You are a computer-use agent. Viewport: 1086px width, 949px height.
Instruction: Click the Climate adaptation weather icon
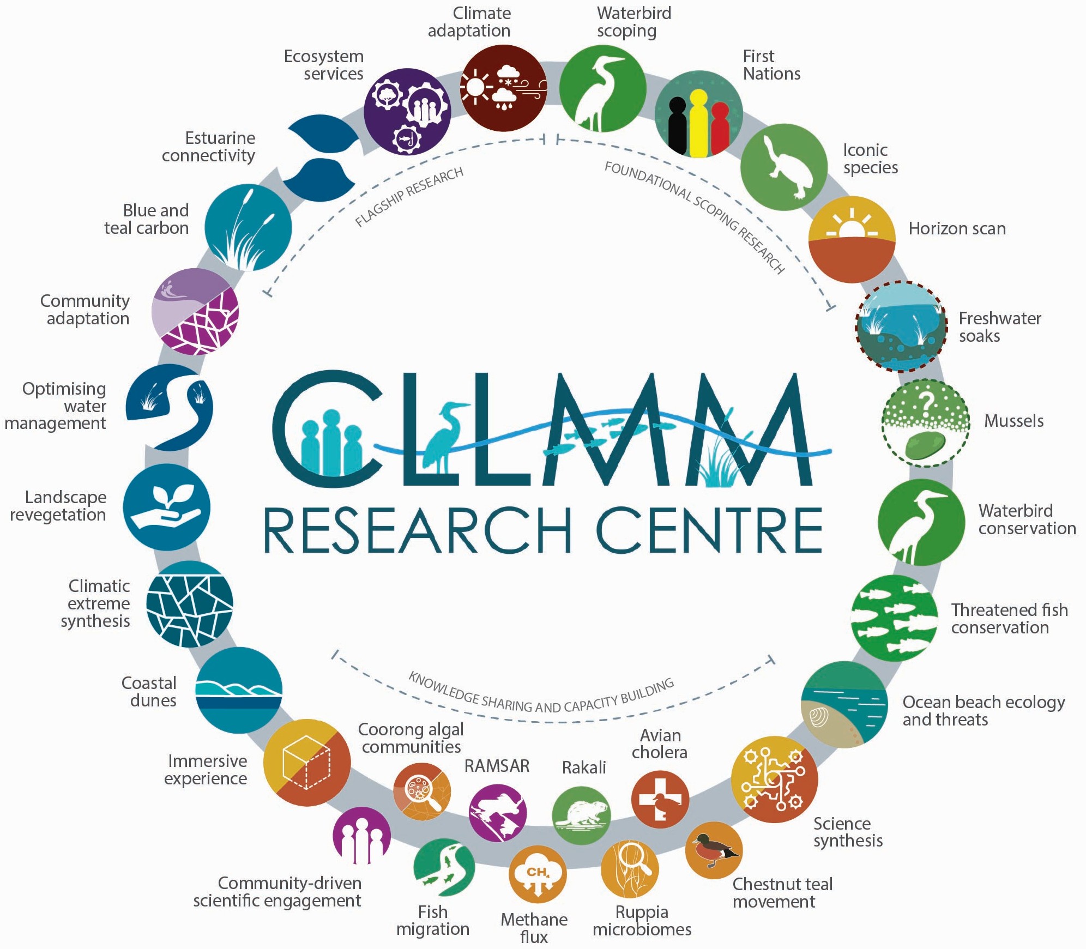(x=503, y=88)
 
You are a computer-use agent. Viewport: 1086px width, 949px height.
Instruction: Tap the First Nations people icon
(x=698, y=114)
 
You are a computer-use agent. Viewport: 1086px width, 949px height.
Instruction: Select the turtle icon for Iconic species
(x=784, y=166)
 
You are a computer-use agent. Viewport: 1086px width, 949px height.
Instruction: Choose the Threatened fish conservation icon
(x=894, y=618)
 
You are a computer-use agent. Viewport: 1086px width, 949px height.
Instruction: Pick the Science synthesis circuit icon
(x=774, y=779)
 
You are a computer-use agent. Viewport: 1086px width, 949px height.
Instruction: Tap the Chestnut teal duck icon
(x=714, y=850)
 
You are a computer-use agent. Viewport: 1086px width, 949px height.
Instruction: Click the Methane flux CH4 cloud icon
(x=538, y=874)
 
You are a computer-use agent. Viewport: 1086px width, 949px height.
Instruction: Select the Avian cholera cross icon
(x=660, y=799)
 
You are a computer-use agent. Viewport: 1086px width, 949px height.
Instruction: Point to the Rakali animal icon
(x=581, y=815)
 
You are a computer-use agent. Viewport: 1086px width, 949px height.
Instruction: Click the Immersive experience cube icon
(x=306, y=762)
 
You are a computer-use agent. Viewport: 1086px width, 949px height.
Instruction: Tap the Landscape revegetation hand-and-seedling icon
(x=166, y=507)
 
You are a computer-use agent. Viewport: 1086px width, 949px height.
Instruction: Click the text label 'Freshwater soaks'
(x=999, y=327)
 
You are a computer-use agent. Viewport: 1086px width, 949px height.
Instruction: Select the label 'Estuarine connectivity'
(x=209, y=147)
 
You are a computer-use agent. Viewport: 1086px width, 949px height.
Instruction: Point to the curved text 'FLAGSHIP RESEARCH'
(x=409, y=197)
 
